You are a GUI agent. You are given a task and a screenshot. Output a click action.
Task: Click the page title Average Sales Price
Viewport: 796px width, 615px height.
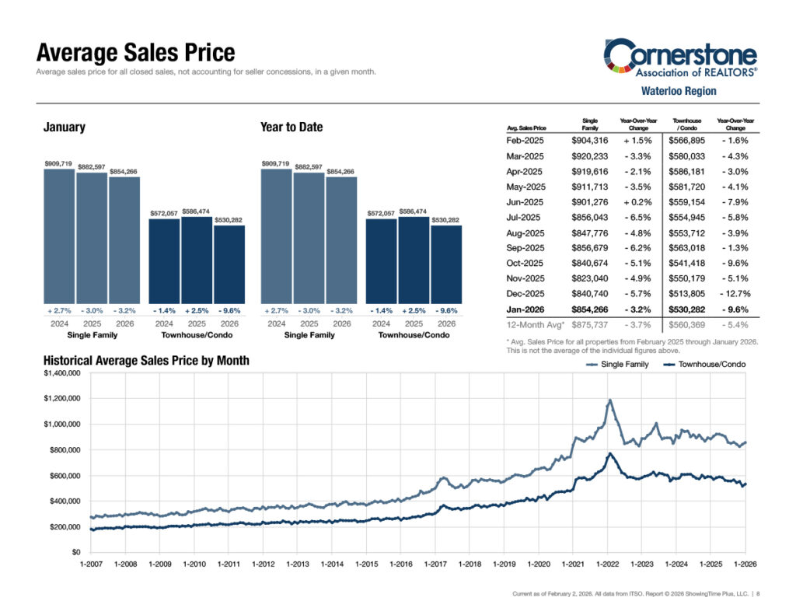pos(135,53)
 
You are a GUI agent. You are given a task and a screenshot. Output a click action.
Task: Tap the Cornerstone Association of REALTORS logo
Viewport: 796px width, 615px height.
pos(680,59)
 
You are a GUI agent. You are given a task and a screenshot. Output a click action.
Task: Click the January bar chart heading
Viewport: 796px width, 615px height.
pos(64,128)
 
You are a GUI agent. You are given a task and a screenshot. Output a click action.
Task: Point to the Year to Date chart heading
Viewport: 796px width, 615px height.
pos(292,128)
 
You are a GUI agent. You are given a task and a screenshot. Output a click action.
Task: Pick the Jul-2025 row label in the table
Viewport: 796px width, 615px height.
pos(525,217)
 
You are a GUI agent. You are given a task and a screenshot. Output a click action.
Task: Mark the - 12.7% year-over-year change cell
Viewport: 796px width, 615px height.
pos(735,294)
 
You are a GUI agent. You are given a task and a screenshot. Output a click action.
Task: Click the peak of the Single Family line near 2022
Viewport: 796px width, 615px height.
pos(610,400)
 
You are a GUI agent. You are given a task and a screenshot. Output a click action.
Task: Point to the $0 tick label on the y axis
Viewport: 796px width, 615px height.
pos(75,553)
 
